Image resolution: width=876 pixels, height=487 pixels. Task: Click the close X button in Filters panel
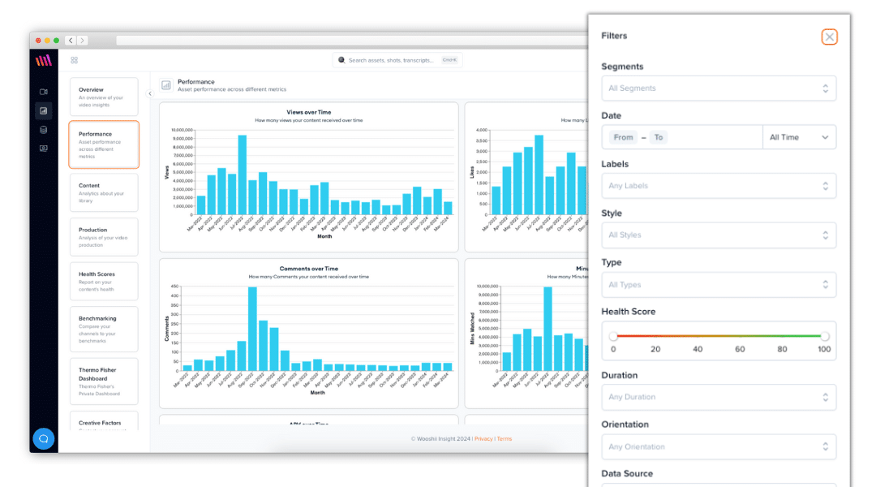click(828, 37)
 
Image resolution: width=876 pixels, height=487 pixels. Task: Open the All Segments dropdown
click(718, 88)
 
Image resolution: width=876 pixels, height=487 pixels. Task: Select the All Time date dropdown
click(799, 137)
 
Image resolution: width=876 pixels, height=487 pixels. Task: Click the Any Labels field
click(718, 186)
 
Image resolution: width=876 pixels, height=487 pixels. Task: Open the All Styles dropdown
click(718, 235)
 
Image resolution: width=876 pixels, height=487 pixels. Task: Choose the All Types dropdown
click(718, 285)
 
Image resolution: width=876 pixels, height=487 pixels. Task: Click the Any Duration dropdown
click(718, 397)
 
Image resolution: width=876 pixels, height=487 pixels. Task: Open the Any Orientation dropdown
click(718, 446)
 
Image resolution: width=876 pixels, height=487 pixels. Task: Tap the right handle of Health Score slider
click(825, 336)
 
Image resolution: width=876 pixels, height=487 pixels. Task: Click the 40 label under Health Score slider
click(698, 349)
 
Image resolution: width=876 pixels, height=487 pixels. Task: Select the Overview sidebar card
click(104, 97)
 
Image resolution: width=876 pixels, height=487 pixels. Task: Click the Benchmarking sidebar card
click(104, 329)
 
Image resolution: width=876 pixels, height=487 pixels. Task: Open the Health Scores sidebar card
click(104, 281)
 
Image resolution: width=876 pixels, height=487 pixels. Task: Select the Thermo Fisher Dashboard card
click(104, 381)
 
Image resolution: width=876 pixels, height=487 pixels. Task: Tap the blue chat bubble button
click(44, 438)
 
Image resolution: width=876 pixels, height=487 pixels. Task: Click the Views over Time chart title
click(308, 112)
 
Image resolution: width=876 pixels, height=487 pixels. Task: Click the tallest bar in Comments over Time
click(252, 329)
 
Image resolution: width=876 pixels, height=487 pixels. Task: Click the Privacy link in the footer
click(483, 439)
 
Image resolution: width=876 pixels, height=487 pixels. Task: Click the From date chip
click(623, 137)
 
